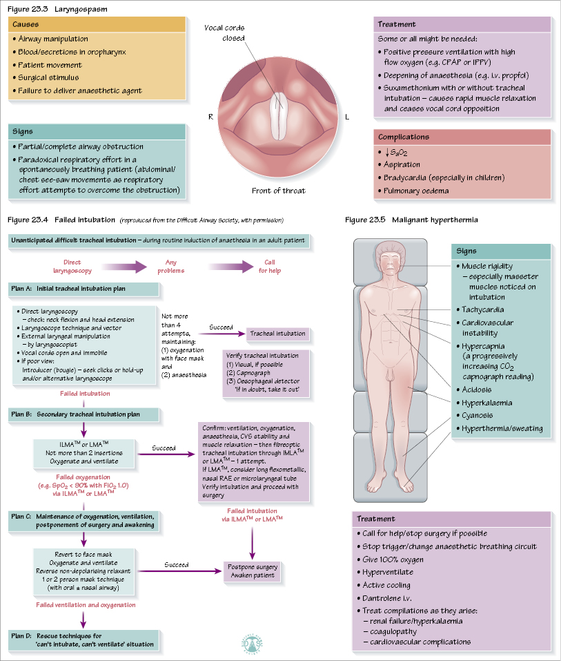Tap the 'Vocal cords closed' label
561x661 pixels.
click(224, 32)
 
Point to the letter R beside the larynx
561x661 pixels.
click(210, 117)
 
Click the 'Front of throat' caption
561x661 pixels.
click(278, 191)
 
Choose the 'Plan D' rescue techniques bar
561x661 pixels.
click(83, 639)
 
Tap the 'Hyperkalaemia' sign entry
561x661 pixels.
click(486, 402)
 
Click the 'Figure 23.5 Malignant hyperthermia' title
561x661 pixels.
click(411, 220)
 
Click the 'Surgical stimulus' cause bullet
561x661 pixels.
click(49, 77)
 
